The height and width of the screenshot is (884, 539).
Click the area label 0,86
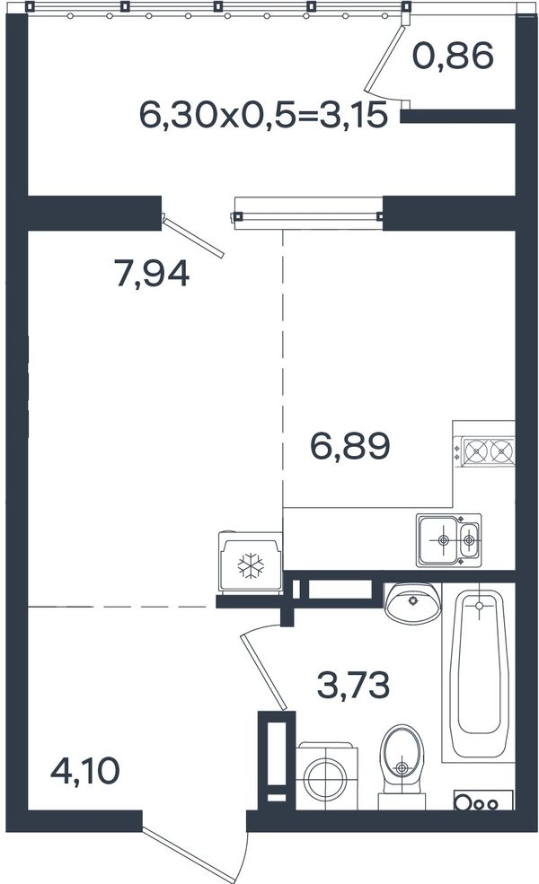click(x=453, y=57)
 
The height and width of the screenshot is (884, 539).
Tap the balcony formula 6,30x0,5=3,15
click(x=263, y=115)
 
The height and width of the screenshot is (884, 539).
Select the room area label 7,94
click(x=152, y=273)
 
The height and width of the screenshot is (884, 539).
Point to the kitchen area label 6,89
click(x=350, y=446)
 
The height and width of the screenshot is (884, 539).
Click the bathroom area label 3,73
click(x=353, y=686)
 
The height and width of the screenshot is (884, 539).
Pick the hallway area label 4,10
click(x=85, y=771)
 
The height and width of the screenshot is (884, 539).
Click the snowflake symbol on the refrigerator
click(x=251, y=565)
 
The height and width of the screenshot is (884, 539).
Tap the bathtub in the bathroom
click(x=479, y=672)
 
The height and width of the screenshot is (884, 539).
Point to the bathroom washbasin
click(x=412, y=602)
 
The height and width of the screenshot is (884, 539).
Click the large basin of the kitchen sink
click(x=439, y=539)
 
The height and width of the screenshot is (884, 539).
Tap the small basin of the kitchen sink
click(x=469, y=539)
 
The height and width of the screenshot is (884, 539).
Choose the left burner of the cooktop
click(x=476, y=451)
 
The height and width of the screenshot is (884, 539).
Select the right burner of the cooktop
click(x=502, y=451)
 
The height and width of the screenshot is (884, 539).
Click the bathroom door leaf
click(x=264, y=672)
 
